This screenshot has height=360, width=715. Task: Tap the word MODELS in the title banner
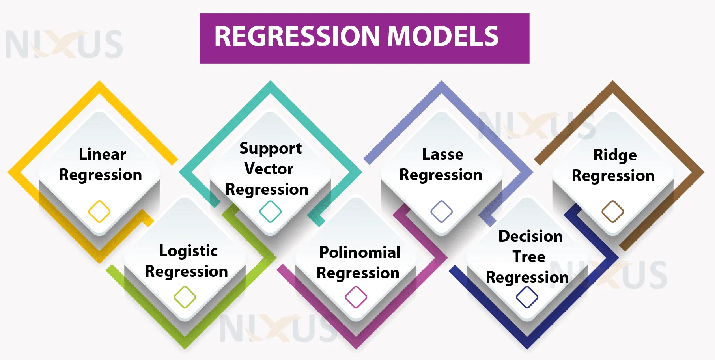click(443, 36)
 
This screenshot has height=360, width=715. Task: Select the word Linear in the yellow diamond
click(102, 154)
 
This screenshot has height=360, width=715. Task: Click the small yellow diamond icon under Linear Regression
click(99, 211)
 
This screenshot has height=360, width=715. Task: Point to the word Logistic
click(188, 251)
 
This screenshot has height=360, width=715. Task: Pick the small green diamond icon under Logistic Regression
click(185, 297)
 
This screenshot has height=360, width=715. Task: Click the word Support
click(271, 149)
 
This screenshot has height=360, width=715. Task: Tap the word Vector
click(269, 169)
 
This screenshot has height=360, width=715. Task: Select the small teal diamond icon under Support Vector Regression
click(270, 211)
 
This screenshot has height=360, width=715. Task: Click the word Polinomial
click(360, 252)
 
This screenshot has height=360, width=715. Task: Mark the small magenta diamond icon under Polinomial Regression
click(356, 297)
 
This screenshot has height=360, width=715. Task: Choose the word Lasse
click(442, 154)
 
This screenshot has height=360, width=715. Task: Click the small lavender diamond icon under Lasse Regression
click(441, 211)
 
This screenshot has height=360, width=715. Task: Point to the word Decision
click(530, 236)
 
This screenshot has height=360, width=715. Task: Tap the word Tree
click(529, 257)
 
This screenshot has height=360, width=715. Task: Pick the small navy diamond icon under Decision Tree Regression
click(527, 297)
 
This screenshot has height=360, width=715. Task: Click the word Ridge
click(615, 155)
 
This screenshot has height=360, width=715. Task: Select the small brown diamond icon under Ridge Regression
click(612, 211)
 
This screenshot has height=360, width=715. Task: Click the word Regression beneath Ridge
click(613, 175)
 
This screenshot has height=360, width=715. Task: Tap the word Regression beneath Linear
click(101, 175)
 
